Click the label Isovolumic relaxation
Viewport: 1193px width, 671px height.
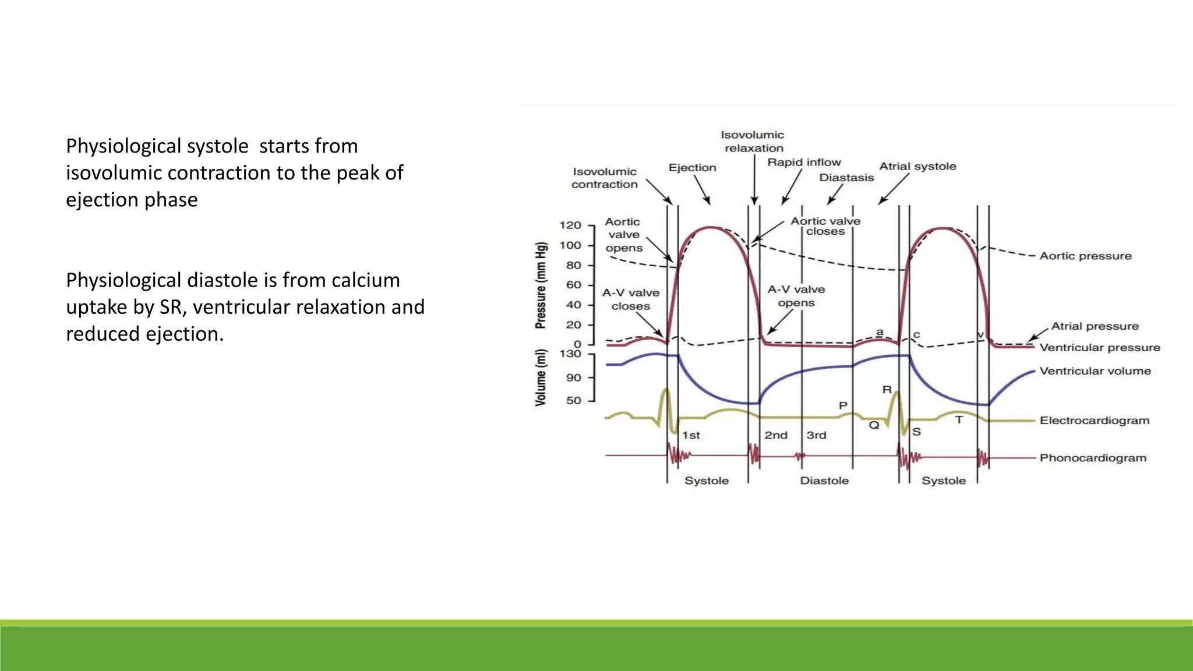[x=753, y=142]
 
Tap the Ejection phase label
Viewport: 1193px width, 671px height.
[x=692, y=168]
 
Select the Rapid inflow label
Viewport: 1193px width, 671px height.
[x=804, y=163]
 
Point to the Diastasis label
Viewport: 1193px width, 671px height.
[x=846, y=178]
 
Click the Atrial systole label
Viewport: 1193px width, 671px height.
[x=917, y=167]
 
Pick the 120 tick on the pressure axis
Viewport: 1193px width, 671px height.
[x=570, y=225]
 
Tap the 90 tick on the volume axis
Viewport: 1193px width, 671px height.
[x=574, y=377]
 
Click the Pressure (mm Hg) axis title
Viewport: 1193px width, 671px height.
[x=541, y=285]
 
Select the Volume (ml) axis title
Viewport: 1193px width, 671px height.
[x=541, y=377]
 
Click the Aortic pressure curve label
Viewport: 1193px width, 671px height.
[x=1085, y=256]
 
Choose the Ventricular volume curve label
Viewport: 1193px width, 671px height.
[x=1095, y=371]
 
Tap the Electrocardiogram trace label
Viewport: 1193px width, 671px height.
[x=1095, y=421]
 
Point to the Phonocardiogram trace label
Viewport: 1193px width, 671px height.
[x=1093, y=458]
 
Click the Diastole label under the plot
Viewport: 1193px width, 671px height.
[x=824, y=481]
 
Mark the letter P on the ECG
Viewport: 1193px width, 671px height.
[x=843, y=405]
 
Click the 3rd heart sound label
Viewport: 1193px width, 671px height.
[x=816, y=435]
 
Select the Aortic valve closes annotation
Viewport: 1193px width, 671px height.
[x=825, y=226]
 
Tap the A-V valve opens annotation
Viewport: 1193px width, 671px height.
[x=796, y=296]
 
